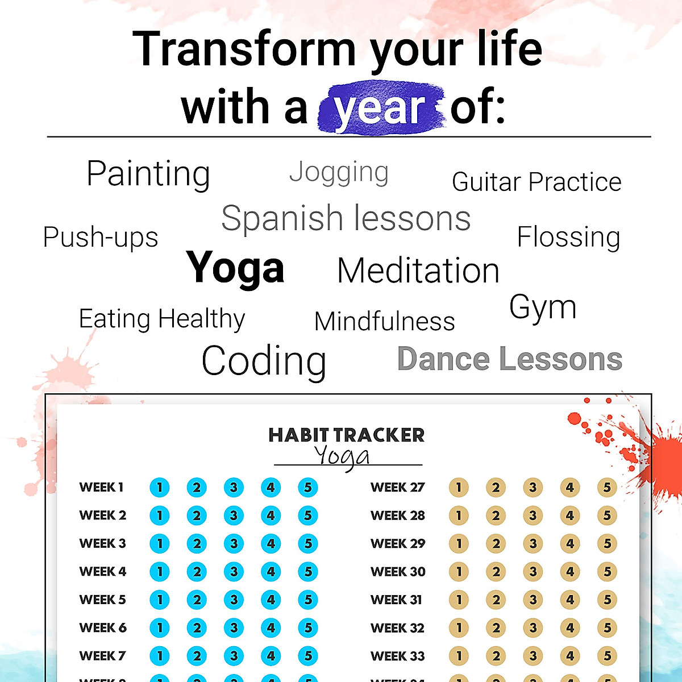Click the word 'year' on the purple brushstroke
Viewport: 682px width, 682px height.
[379, 108]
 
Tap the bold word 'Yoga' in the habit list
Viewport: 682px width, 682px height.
[235, 268]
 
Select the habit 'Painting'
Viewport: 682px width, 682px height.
[148, 173]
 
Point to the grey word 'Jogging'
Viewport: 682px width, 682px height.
[339, 172]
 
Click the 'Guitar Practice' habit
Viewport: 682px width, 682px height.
[537, 182]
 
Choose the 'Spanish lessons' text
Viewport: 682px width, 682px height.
[346, 218]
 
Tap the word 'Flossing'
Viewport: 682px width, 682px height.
[568, 237]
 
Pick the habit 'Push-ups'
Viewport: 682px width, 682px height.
[101, 238]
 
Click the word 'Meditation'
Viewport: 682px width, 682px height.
[418, 271]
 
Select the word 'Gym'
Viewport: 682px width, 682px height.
[543, 307]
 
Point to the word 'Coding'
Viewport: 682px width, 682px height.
[264, 361]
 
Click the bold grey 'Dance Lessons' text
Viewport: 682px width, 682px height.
[510, 359]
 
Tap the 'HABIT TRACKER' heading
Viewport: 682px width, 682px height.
[347, 435]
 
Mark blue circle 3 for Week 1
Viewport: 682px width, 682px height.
[234, 487]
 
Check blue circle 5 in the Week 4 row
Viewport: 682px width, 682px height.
[307, 572]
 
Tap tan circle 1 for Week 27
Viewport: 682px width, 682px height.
[459, 487]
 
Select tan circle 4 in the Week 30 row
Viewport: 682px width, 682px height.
[570, 572]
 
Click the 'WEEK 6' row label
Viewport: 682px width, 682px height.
[103, 628]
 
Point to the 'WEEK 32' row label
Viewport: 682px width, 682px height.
[397, 628]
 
